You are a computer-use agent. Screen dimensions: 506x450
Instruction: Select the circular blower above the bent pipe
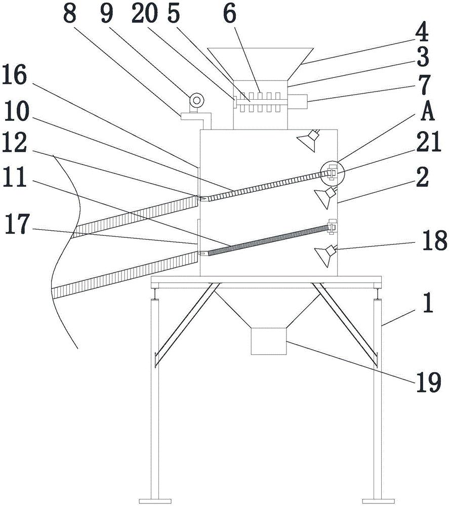(x=195, y=101)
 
